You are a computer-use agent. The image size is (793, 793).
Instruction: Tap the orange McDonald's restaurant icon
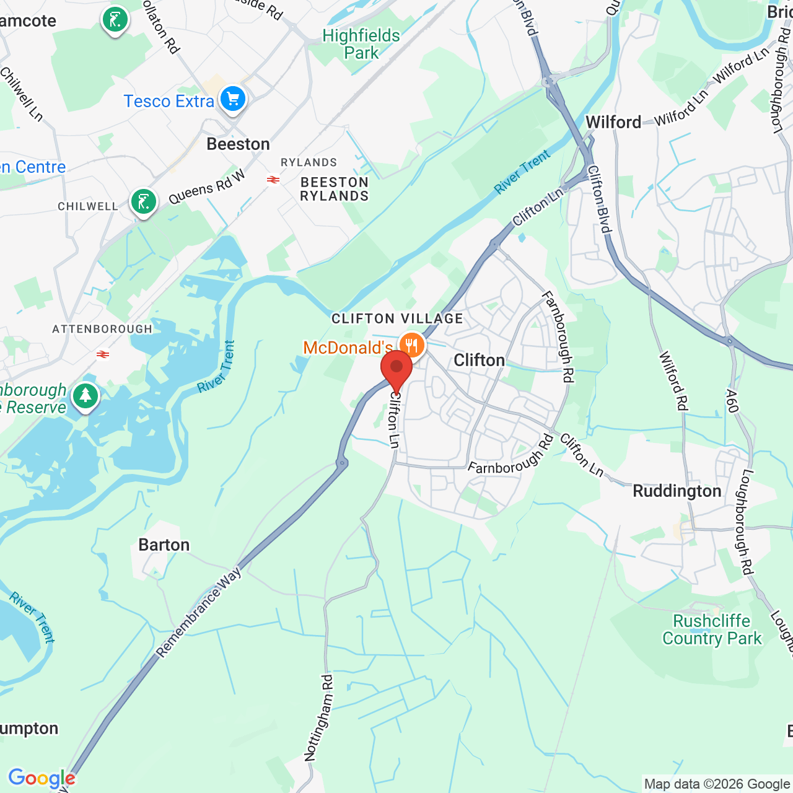click(x=411, y=345)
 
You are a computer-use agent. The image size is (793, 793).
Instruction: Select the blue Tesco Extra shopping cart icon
click(x=233, y=99)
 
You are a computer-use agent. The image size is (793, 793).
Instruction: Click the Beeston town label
click(x=238, y=144)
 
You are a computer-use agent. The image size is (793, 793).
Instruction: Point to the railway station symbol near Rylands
click(x=273, y=180)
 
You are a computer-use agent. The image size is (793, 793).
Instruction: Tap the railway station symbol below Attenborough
click(x=103, y=354)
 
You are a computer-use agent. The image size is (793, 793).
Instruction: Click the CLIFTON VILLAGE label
click(x=397, y=318)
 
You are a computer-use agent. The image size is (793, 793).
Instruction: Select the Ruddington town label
click(x=677, y=491)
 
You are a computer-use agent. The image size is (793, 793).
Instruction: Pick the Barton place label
click(x=164, y=545)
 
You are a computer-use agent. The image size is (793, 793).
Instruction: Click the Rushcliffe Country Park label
click(x=712, y=629)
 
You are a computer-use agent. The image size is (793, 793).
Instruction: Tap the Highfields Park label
click(x=361, y=44)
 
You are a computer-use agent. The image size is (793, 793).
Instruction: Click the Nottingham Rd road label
click(x=319, y=717)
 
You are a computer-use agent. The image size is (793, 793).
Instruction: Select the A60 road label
click(x=732, y=401)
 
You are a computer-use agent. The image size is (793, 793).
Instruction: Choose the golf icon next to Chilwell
click(x=144, y=202)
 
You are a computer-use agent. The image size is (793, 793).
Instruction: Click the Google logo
click(x=42, y=778)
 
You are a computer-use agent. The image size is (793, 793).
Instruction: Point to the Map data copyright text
click(x=717, y=784)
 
